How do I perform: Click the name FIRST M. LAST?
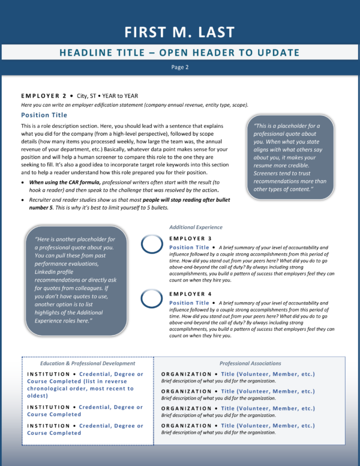pos(179,32)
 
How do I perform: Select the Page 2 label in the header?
pos(180,67)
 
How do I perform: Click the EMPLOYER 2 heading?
pos(44,95)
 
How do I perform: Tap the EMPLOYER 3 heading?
pos(190,238)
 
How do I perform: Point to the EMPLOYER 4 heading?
pos(190,294)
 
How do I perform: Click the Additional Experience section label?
pos(196,227)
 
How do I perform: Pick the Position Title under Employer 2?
pos(44,115)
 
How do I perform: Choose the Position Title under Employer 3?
pos(189,247)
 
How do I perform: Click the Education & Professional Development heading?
pos(88,363)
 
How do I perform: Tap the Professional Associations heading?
pos(250,363)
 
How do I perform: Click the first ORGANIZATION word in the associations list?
pos(186,374)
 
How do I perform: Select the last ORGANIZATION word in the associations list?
pos(186,426)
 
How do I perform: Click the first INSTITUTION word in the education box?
pos(49,374)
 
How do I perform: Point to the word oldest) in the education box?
pos(37,396)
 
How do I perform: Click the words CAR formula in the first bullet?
pos(85,182)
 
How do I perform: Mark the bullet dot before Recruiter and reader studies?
pos(23,200)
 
